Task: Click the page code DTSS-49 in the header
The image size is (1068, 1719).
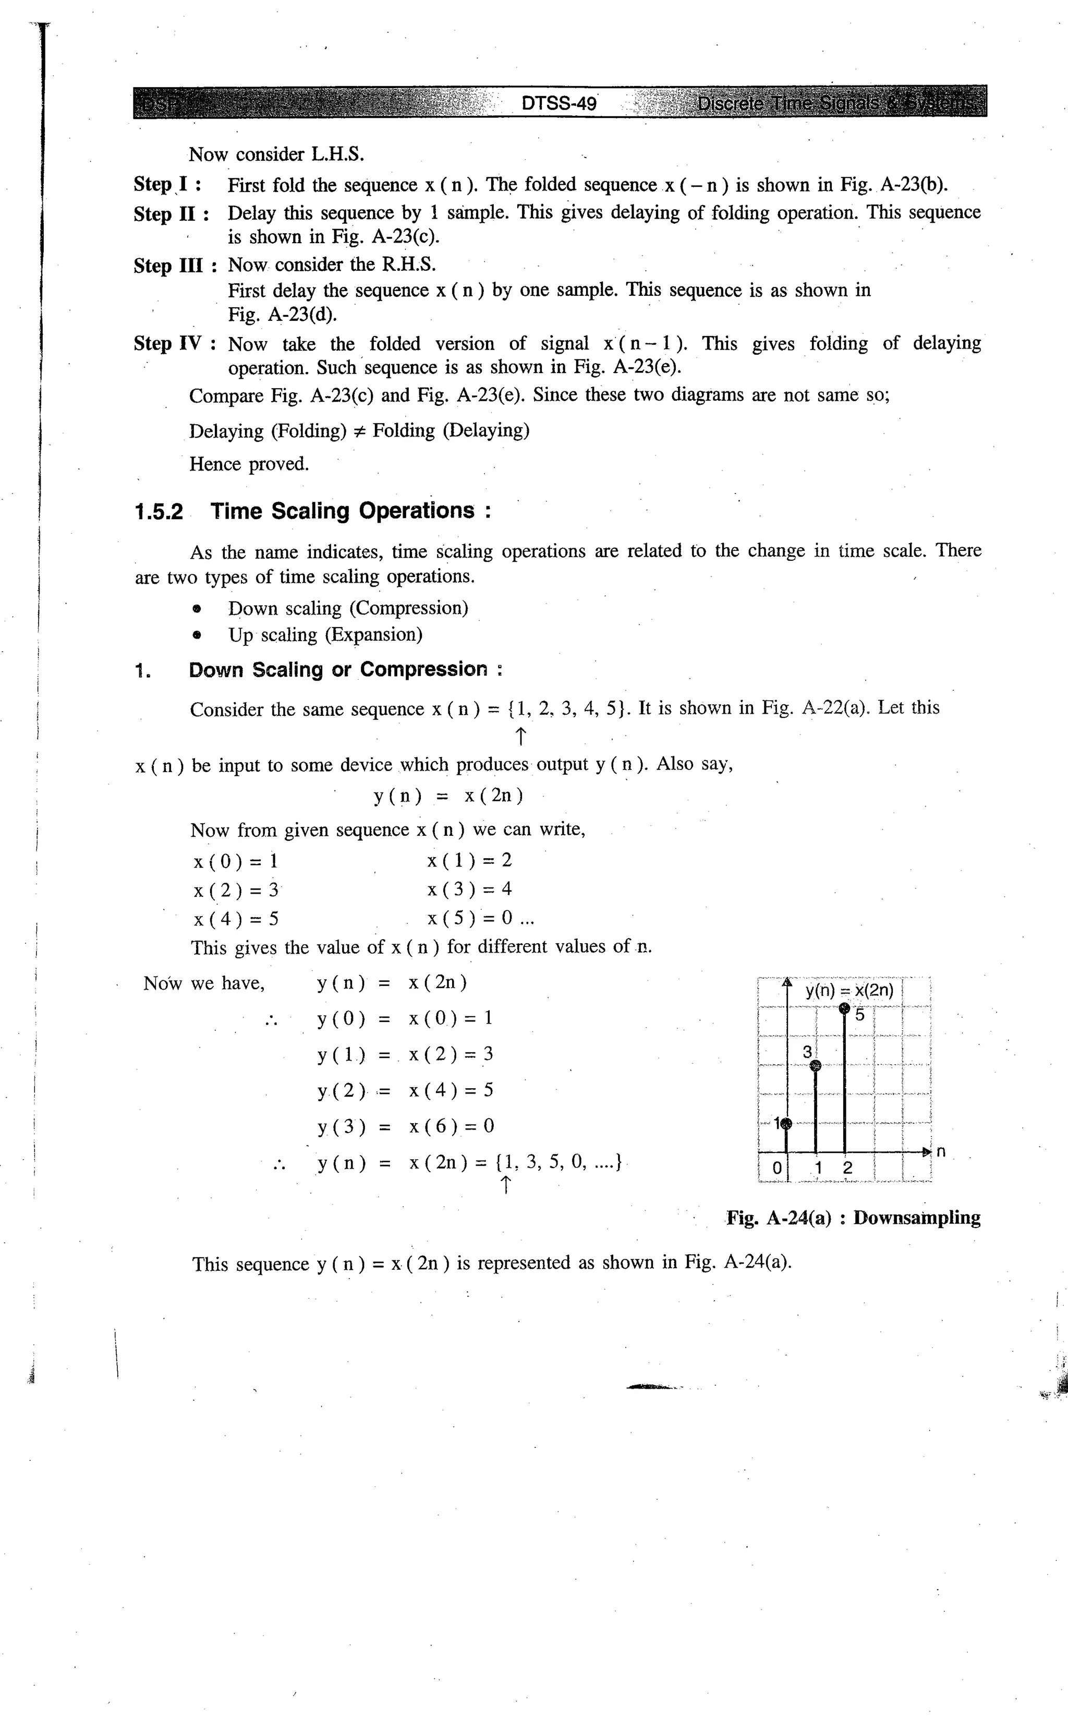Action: (559, 104)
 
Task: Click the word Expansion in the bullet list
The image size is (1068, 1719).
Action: (374, 634)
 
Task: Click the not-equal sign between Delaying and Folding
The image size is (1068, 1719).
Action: (359, 431)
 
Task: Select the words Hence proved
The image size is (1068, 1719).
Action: (249, 464)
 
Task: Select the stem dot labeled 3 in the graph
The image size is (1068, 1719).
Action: (816, 1065)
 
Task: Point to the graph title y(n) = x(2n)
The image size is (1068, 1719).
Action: (849, 991)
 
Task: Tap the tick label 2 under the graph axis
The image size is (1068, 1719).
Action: (847, 1168)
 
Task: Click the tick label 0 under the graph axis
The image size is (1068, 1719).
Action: (776, 1168)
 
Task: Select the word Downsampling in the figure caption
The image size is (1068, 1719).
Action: (916, 1218)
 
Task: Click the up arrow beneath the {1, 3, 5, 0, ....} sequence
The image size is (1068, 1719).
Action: (505, 1185)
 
